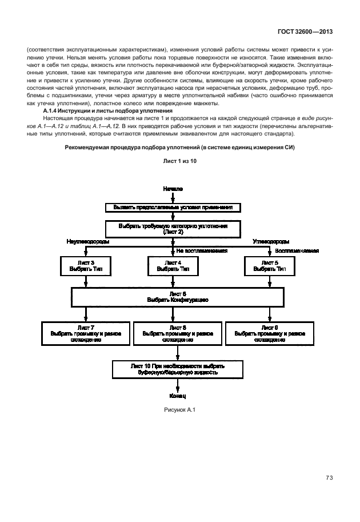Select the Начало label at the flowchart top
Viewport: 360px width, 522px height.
[172, 188]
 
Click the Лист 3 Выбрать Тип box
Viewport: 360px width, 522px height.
[86, 265]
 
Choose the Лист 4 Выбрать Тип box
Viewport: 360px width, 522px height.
[173, 265]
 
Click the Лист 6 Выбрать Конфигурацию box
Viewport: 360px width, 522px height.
[177, 296]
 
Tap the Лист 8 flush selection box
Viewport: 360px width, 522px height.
[177, 333]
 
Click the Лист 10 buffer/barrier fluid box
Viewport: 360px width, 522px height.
[177, 368]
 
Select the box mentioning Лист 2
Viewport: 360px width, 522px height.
[173, 229]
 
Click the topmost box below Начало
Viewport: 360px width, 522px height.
[173, 207]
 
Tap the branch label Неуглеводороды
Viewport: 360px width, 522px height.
[88, 242]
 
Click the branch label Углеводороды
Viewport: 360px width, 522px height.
[271, 242]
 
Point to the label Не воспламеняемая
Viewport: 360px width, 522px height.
[202, 250]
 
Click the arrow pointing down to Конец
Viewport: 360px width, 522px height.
[177, 385]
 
